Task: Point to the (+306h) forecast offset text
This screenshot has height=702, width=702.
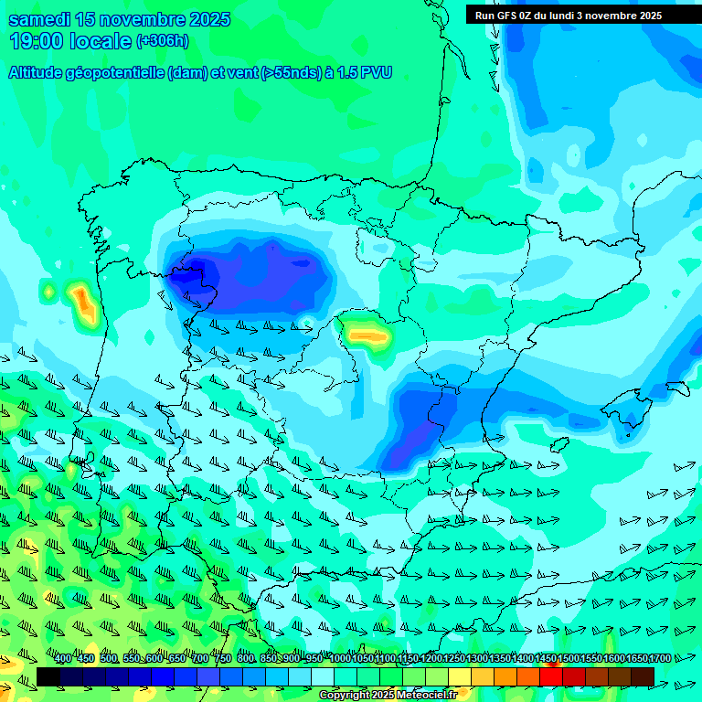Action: coord(163,40)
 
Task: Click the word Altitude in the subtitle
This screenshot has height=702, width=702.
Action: coord(40,72)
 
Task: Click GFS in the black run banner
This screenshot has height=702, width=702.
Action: coord(507,15)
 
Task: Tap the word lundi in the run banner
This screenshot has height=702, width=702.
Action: coord(573,15)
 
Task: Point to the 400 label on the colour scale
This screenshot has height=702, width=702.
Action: coord(63,659)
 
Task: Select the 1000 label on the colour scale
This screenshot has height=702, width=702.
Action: coord(339,659)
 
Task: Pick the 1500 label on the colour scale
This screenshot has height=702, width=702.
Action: coord(568,659)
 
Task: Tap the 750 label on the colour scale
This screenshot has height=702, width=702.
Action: coord(223,659)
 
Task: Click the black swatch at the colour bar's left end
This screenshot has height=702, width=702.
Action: coord(48,676)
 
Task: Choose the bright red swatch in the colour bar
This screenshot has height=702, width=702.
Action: coord(551,676)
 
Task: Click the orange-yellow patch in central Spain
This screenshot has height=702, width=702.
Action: coord(367,335)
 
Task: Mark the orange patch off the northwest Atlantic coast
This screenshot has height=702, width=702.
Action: coord(84,303)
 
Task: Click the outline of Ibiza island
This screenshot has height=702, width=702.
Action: coord(561,445)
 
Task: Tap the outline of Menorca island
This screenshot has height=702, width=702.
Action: coord(677,388)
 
